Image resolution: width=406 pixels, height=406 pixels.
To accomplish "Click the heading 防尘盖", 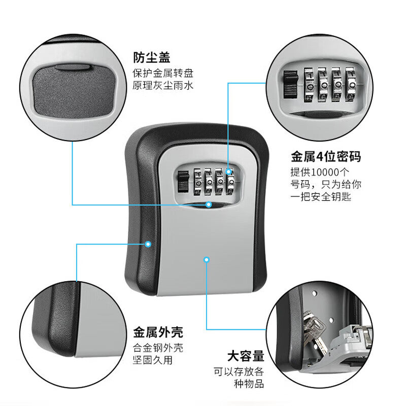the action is click(x=151, y=57).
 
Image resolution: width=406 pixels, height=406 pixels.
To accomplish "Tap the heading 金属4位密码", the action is click(x=325, y=156).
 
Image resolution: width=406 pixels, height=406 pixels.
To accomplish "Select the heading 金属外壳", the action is click(x=158, y=332).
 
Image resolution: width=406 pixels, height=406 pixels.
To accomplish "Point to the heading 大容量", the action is click(x=246, y=356).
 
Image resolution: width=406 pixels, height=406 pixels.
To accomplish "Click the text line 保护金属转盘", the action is click(x=163, y=73).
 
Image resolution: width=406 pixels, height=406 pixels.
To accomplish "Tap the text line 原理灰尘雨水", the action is click(x=163, y=85).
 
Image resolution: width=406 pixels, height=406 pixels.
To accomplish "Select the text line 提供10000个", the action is click(x=320, y=172).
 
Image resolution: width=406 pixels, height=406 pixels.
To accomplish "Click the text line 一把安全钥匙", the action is click(x=321, y=197).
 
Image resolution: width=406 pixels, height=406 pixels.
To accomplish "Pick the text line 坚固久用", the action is click(x=153, y=360).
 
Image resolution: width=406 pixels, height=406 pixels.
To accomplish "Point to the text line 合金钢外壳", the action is click(x=158, y=348).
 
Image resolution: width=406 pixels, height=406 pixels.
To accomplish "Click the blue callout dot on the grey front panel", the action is click(x=207, y=260).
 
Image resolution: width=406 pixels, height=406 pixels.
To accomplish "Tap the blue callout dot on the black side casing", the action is click(x=148, y=244).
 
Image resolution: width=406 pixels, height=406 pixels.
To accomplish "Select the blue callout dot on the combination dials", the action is click(x=228, y=172).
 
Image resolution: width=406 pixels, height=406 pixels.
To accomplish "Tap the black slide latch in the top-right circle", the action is click(x=291, y=84).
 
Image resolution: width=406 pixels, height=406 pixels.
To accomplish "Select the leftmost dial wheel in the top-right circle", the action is click(x=309, y=84).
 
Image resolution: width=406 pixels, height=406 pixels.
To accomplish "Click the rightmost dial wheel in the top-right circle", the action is click(x=351, y=84).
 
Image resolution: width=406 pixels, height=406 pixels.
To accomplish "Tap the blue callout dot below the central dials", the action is click(x=209, y=205).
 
